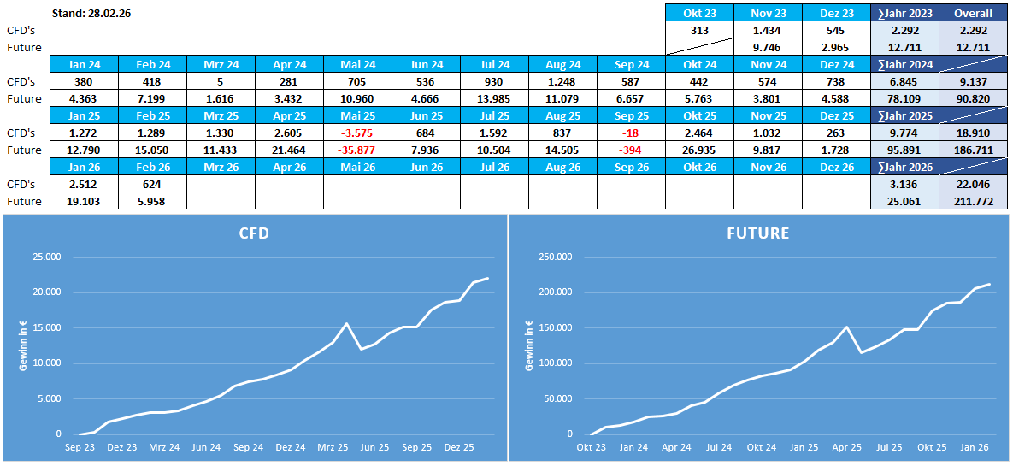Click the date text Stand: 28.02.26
(97, 14)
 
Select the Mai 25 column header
(357, 115)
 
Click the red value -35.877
(357, 150)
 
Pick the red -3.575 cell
(357, 133)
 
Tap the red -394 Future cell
(631, 150)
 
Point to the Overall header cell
(973, 13)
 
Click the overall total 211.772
(973, 201)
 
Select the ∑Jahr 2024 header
(904, 64)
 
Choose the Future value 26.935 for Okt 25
(699, 150)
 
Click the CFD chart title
(253, 233)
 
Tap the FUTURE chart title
(758, 233)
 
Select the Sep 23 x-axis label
(80, 446)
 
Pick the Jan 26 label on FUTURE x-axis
(975, 446)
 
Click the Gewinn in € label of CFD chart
(23, 345)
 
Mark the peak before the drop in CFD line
(346, 323)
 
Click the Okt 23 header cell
(699, 13)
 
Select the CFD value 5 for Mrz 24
(221, 81)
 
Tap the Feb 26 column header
(152, 167)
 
